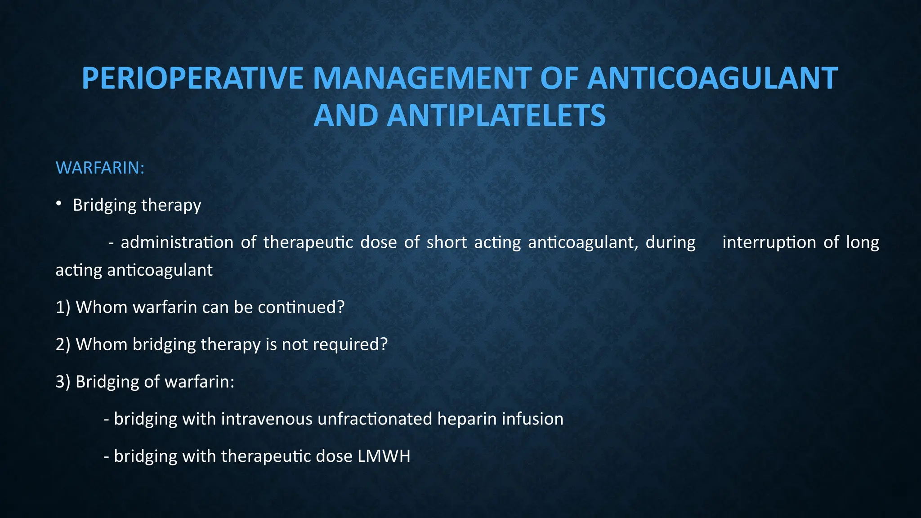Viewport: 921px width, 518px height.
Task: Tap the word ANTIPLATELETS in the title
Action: click(496, 116)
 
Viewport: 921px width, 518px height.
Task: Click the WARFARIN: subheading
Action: click(100, 168)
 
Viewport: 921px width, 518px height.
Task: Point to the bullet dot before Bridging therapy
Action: click(59, 205)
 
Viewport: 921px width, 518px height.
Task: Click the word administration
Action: click(177, 242)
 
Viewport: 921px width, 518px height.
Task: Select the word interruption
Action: click(769, 242)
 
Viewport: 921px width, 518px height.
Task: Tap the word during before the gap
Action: click(671, 242)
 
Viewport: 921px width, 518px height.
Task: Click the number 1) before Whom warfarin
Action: click(63, 307)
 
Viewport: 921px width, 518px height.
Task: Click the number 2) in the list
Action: click(63, 344)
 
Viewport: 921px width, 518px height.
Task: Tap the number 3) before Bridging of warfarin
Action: click(63, 382)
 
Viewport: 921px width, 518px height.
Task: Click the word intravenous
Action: click(267, 419)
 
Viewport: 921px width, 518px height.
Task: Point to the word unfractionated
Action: click(375, 419)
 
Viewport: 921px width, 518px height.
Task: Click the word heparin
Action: click(467, 419)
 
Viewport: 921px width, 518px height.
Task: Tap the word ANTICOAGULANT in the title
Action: click(712, 79)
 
